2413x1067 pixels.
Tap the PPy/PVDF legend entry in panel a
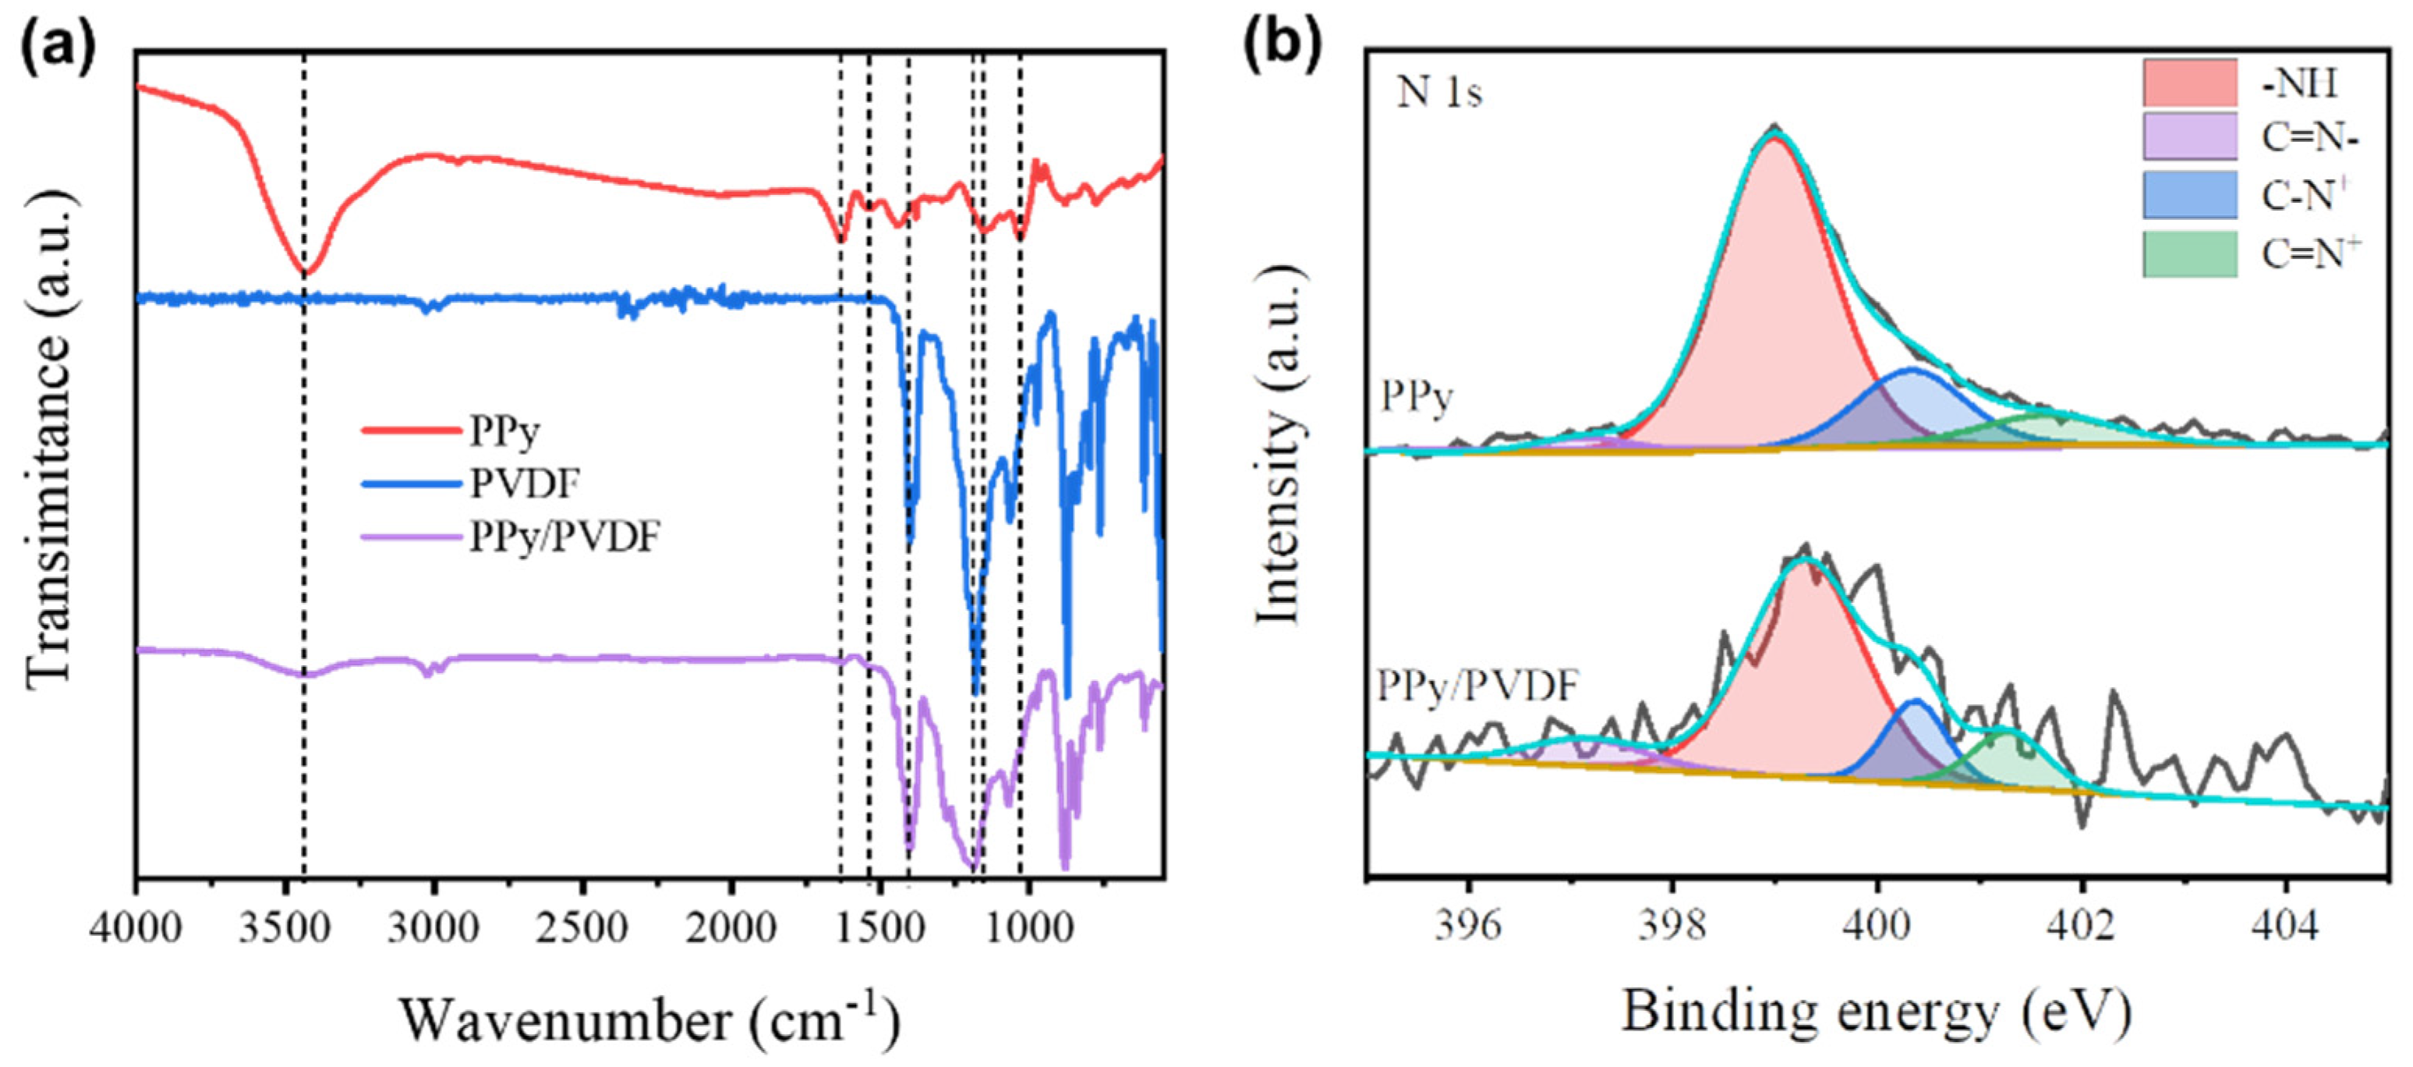(564, 537)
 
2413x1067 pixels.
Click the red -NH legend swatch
(2189, 83)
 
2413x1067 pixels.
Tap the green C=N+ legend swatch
(2189, 253)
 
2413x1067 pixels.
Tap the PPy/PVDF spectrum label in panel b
(1478, 686)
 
